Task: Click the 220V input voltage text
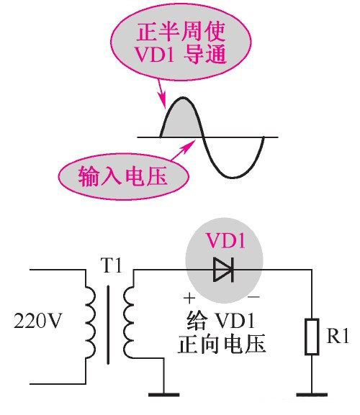(x=37, y=321)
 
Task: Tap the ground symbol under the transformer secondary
(x=165, y=393)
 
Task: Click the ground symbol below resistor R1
(x=311, y=393)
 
